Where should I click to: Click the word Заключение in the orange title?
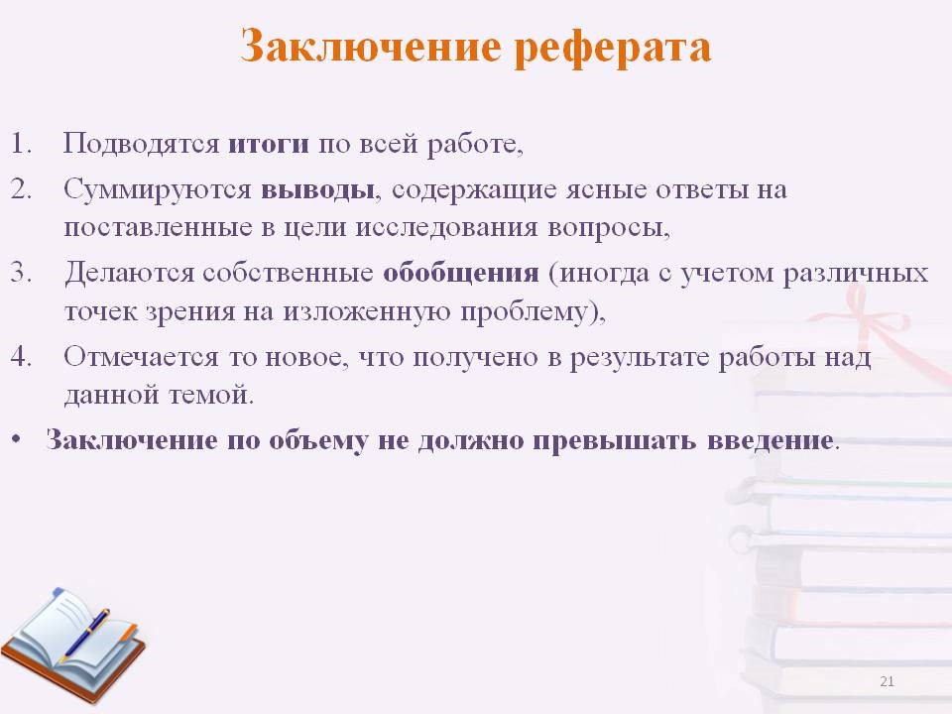click(x=370, y=47)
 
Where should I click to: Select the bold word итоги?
click(x=269, y=145)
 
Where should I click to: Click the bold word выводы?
click(x=317, y=190)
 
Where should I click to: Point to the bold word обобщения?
click(x=461, y=274)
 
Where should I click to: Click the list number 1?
click(x=21, y=144)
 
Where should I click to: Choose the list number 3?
click(x=21, y=273)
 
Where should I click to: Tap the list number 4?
click(x=21, y=356)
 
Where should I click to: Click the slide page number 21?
click(x=887, y=681)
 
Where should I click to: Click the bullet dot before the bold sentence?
click(x=16, y=439)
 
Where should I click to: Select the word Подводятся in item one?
click(x=141, y=145)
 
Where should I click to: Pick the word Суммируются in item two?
click(x=158, y=190)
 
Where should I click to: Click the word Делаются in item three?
click(x=129, y=274)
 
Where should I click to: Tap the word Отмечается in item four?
click(x=141, y=357)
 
